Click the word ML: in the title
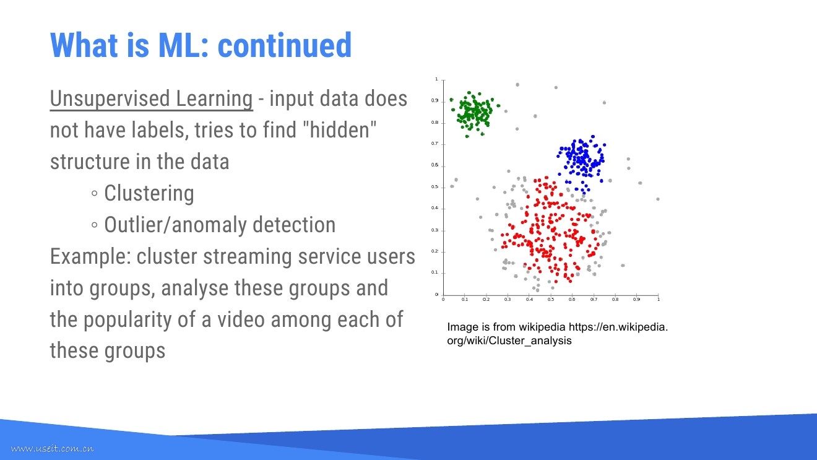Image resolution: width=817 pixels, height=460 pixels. pos(183,45)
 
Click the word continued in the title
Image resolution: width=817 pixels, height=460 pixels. pos(285,45)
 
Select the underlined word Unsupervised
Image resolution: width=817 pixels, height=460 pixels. pos(110,99)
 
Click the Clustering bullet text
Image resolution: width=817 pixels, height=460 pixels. pos(149,193)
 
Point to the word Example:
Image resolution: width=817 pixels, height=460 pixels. pos(90,256)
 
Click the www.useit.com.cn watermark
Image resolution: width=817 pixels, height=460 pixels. pos(52,448)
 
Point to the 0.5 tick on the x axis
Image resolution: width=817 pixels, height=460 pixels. pos(551,300)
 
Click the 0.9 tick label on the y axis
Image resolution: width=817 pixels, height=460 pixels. pos(434,101)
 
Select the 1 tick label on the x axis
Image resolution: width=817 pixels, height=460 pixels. pos(659,300)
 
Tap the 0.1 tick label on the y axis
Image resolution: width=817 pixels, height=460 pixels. pos(434,272)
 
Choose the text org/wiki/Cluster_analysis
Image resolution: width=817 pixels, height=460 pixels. pos(509,341)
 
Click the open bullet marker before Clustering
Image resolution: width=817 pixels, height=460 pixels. pos(95,193)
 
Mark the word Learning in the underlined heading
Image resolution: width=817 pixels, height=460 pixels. pos(214,99)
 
